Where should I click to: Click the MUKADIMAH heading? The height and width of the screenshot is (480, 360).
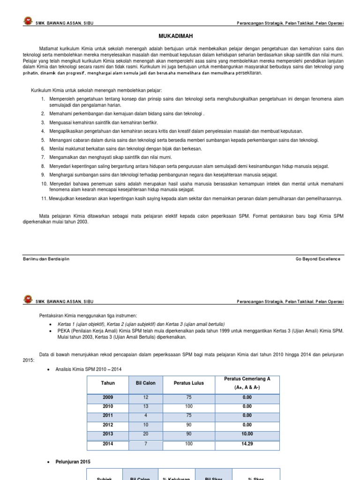click(x=180, y=36)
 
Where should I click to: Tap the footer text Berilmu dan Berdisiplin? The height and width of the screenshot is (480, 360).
click(x=46, y=259)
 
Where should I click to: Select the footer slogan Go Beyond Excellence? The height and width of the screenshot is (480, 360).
click(x=318, y=259)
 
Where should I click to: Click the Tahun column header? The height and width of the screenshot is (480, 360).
click(x=108, y=383)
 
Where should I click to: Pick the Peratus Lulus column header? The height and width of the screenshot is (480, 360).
click(x=189, y=383)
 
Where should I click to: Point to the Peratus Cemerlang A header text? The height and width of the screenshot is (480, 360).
click(x=247, y=378)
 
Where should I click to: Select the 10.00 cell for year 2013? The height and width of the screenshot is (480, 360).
click(x=247, y=433)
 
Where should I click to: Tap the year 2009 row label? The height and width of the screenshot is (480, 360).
click(x=108, y=397)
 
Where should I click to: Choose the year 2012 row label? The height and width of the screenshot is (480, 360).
click(x=108, y=424)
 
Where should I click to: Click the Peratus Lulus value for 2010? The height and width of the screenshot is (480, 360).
click(x=189, y=406)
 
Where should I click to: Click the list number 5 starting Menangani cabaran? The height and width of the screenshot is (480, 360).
click(x=43, y=140)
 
